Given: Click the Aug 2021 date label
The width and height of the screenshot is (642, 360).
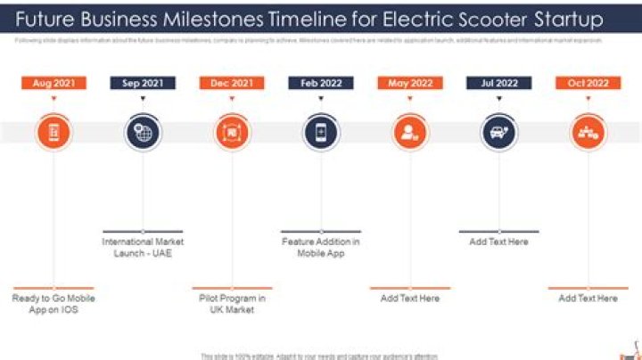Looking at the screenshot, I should (53, 83).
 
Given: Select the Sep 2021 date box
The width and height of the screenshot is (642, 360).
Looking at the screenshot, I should (143, 83).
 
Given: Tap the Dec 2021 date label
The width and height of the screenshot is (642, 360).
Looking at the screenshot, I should (232, 83).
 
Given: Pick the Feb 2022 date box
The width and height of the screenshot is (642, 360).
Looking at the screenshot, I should (321, 83).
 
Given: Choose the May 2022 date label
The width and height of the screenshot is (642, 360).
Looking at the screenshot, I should (410, 83).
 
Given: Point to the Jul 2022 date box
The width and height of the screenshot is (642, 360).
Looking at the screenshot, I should (499, 83).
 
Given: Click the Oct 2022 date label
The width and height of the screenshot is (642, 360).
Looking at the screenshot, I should (588, 83).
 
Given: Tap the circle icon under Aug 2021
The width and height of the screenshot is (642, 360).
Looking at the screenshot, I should (53, 133).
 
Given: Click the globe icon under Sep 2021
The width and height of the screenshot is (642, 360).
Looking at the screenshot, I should (143, 133).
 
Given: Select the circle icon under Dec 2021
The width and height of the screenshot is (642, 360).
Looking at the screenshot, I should (232, 133).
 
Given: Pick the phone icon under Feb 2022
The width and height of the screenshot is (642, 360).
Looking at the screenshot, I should (321, 133).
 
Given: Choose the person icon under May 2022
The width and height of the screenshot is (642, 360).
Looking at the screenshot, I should (410, 133).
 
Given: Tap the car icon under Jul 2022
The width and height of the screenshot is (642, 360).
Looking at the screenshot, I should (499, 133).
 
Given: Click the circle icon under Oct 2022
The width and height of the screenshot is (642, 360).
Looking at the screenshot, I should (588, 133).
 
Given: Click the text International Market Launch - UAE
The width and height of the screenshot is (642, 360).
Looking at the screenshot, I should (143, 248).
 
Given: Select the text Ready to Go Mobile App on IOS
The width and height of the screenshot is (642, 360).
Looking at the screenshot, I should (53, 305).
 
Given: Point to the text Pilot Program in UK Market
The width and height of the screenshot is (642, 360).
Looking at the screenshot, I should (232, 305).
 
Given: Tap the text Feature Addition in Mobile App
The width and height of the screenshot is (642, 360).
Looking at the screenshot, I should (321, 248).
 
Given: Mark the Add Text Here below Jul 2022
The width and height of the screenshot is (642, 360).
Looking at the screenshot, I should (499, 241).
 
